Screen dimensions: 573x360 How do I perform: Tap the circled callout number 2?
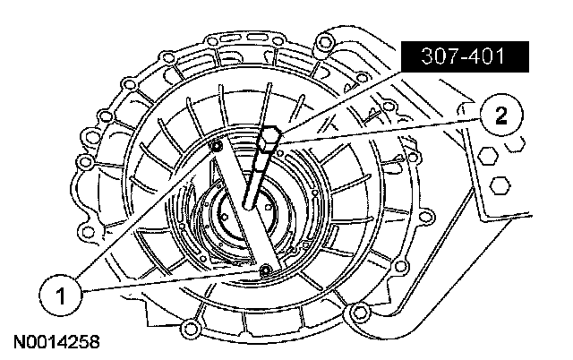pos(501,116)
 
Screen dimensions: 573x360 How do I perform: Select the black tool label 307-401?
pos(465,56)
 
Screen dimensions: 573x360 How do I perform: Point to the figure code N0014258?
pos(56,342)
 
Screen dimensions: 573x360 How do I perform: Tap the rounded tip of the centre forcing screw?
pos(248,205)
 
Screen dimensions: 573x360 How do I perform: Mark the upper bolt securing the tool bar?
pos(218,147)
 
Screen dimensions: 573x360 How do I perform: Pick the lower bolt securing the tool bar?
pos(264,270)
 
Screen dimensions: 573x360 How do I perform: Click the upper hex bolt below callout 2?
pos(487,157)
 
